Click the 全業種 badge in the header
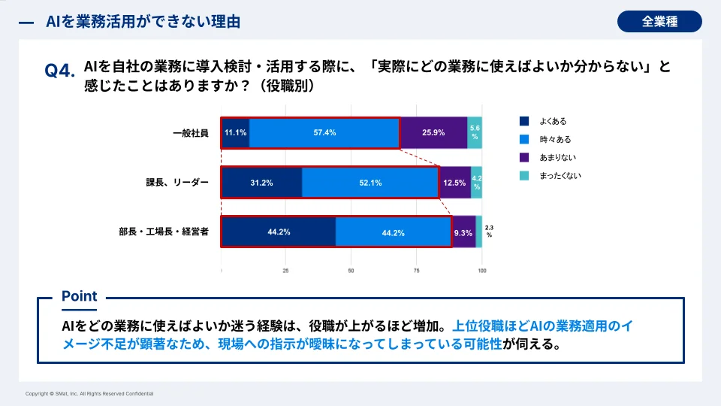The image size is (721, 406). pos(659,22)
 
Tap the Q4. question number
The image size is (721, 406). pos(60,71)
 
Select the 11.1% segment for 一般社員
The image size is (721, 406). pos(235,132)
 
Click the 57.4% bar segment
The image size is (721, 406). pos(324,132)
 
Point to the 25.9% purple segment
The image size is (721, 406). pos(433,132)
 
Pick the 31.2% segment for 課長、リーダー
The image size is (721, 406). pos(261,183)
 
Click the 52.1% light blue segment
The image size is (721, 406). pos(370,183)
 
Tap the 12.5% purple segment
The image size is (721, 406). pos(454,183)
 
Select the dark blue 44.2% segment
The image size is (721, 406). pos(279,232)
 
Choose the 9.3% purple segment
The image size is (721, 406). pos(463,232)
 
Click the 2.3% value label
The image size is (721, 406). pos(489,231)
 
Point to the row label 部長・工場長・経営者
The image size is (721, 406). pos(165,232)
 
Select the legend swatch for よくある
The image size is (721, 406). pos(525,121)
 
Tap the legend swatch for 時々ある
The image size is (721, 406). pos(525,139)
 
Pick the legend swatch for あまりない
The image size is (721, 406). pos(525,157)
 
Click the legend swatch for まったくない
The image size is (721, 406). pos(525,175)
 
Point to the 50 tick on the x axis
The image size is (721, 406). pos(351,271)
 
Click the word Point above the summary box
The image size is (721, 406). pos(79,296)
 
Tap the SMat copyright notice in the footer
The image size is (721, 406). pos(89,394)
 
